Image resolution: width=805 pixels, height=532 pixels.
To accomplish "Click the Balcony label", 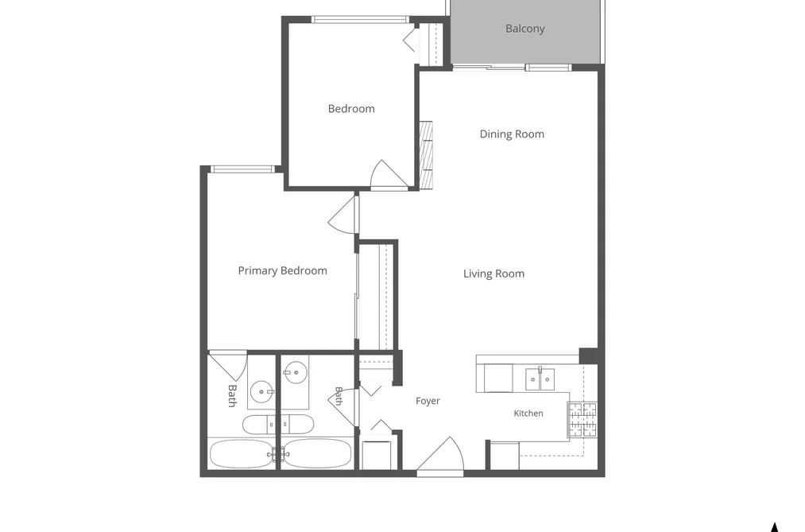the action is coord(524,29).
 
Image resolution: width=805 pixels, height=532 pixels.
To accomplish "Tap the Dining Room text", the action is coord(512,134).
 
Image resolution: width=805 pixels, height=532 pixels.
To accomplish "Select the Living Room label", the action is coord(493,274).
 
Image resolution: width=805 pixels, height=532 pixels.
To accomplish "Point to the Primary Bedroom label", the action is coord(282,270).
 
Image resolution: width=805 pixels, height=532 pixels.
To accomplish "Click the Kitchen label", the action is coord(528,414).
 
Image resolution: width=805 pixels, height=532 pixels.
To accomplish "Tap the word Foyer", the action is coord(428,401).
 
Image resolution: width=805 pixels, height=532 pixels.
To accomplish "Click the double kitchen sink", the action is coord(540,379).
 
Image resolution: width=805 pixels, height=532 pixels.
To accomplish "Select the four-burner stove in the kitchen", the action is coord(582,419).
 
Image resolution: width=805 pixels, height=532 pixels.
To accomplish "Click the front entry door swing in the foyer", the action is coord(440,454).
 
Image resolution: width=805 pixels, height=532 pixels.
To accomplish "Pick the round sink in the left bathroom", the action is coord(262,392).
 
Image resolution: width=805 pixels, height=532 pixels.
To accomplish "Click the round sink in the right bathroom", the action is coord(295,372).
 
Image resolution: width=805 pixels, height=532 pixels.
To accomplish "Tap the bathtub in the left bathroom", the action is coord(241,453).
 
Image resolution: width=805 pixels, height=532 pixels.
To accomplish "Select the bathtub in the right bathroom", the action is coord(317,453).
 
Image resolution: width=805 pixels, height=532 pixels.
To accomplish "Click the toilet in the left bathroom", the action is coord(259,424).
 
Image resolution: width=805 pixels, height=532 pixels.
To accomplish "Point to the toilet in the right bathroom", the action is coord(297,424).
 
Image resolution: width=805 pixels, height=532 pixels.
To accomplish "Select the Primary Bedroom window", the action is coord(243,169).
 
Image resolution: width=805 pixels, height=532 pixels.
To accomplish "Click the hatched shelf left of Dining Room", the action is coord(426,154).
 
